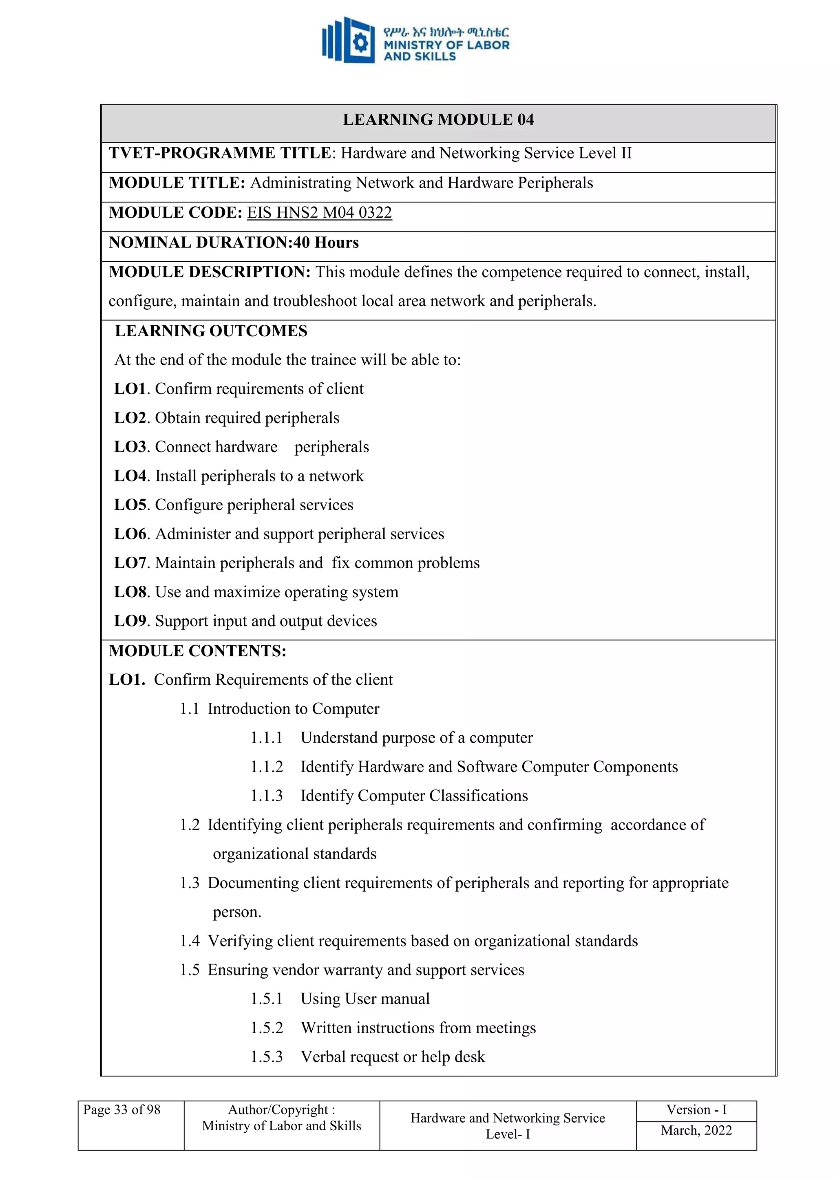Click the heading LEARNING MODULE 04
coord(438,120)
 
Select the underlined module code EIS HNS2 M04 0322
coord(319,213)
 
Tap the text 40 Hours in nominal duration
coord(326,243)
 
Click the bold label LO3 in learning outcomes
coord(130,447)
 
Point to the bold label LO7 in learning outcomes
coord(130,563)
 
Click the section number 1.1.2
coord(266,767)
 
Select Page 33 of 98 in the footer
coord(122,1109)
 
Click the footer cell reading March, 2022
coord(696,1130)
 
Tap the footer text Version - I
coord(696,1109)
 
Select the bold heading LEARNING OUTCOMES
coord(211,331)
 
